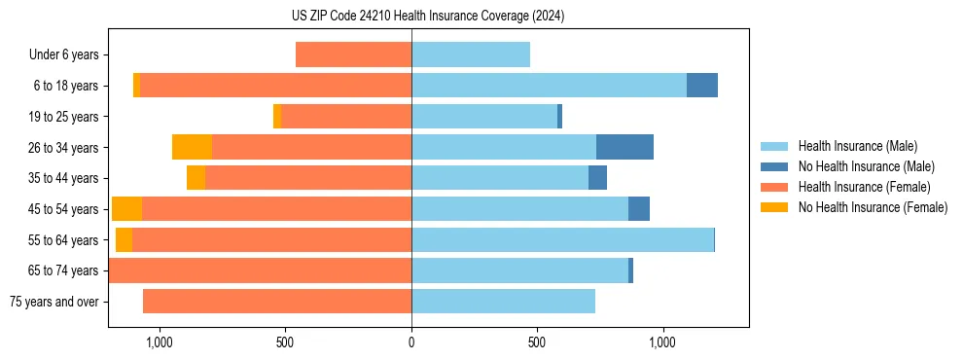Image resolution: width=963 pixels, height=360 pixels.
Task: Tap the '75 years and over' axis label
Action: tap(53, 302)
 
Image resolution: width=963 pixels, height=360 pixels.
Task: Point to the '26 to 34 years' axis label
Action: tap(63, 148)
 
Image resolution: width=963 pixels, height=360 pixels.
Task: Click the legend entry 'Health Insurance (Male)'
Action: tap(857, 146)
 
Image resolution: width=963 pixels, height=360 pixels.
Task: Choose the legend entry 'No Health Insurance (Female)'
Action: tap(873, 207)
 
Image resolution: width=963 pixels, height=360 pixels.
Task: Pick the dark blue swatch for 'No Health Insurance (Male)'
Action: tap(774, 166)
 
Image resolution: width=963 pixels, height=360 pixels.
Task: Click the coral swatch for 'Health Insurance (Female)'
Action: tap(774, 187)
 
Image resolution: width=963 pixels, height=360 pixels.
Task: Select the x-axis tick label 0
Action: tap(411, 342)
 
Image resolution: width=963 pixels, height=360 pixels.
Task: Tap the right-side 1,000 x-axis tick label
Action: tap(662, 342)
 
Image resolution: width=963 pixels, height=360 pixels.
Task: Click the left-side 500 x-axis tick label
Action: tap(285, 342)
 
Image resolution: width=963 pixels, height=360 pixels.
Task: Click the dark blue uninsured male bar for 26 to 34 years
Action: tap(624, 147)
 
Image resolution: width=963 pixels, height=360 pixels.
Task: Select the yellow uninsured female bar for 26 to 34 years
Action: tap(192, 147)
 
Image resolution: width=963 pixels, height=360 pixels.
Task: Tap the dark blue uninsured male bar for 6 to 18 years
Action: tap(702, 86)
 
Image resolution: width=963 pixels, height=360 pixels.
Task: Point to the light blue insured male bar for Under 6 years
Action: tap(471, 54)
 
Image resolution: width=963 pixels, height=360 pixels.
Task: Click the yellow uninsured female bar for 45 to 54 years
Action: tap(126, 209)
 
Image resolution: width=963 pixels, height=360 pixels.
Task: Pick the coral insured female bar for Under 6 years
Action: tap(353, 54)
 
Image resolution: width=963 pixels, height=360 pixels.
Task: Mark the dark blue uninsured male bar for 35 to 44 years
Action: tap(597, 178)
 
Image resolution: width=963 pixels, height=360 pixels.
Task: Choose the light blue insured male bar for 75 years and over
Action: tap(503, 302)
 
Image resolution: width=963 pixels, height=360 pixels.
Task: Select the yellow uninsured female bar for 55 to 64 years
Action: tap(124, 239)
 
